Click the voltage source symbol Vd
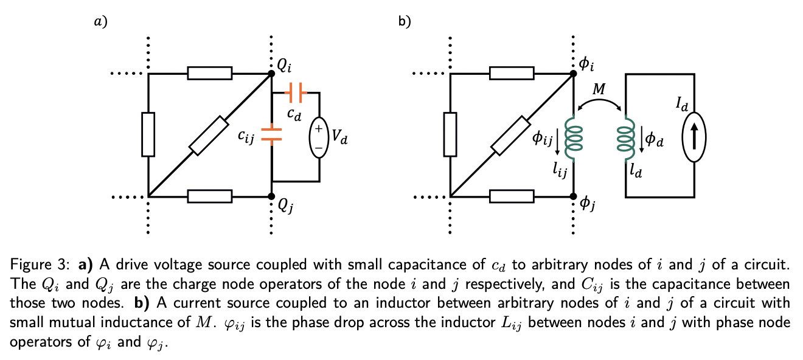pyautogui.click(x=319, y=138)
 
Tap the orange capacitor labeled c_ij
pyautogui.click(x=271, y=134)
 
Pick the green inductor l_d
pyautogui.click(x=626, y=139)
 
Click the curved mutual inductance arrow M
pyautogui.click(x=599, y=102)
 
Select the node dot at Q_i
pyautogui.click(x=271, y=74)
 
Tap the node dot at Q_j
pyautogui.click(x=271, y=196)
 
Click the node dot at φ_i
pyautogui.click(x=572, y=74)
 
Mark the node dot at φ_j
pyautogui.click(x=572, y=196)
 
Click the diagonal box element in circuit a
pyautogui.click(x=210, y=135)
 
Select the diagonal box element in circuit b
pyautogui.click(x=511, y=135)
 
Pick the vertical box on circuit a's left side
pyautogui.click(x=148, y=134)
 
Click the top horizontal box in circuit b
pyautogui.click(x=511, y=74)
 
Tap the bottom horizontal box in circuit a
pyautogui.click(x=210, y=196)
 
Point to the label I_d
pyautogui.click(x=682, y=105)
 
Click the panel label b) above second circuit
pyautogui.click(x=404, y=22)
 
